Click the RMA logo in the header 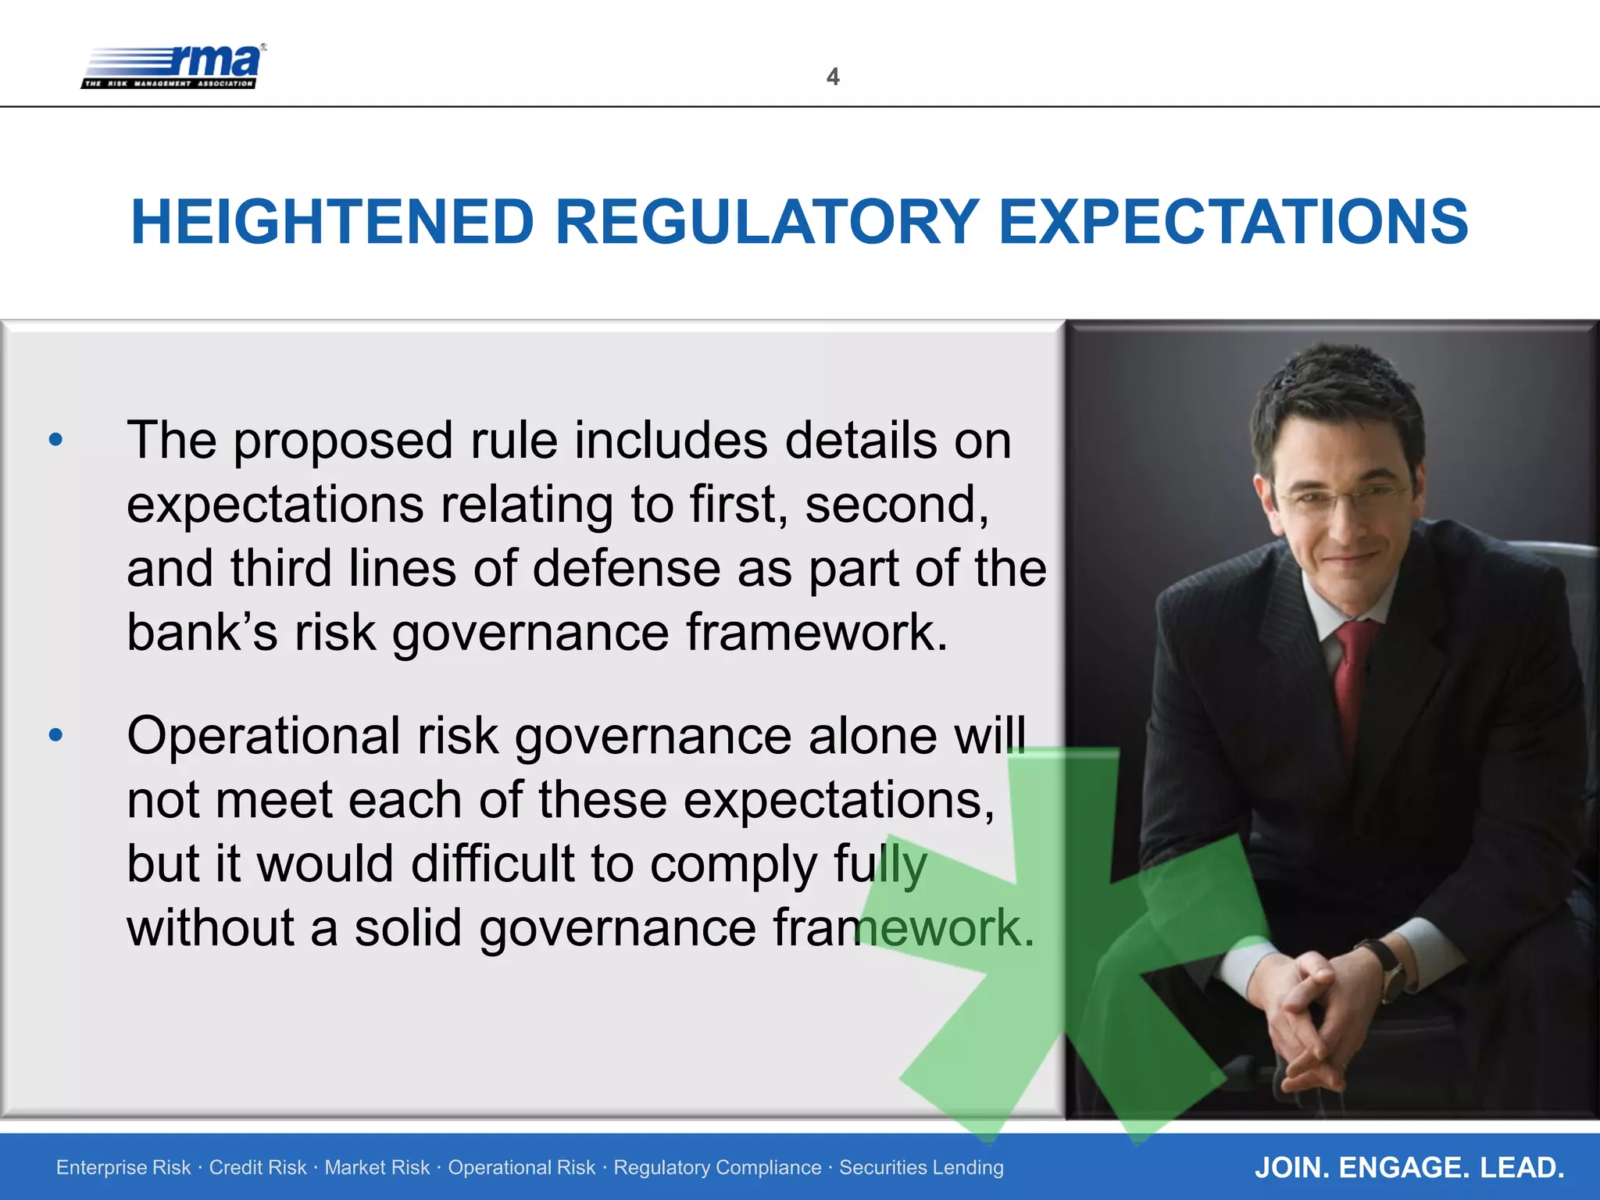point(173,66)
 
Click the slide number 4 point(833,77)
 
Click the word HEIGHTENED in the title point(332,223)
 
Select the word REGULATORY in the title point(766,223)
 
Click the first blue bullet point point(55,440)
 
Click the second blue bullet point point(55,735)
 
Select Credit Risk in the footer point(257,1167)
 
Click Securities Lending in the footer point(921,1167)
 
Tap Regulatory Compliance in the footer point(716,1167)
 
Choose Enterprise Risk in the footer point(123,1167)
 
